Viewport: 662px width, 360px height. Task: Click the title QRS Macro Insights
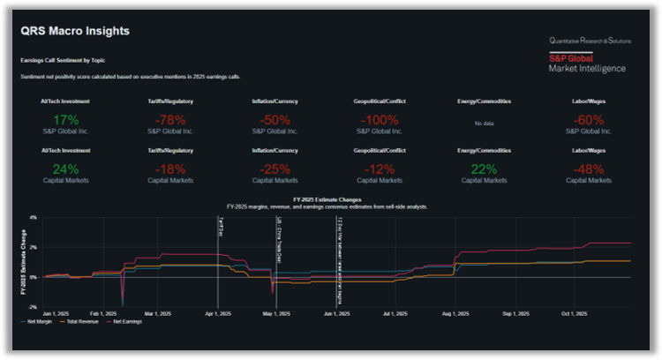pos(75,32)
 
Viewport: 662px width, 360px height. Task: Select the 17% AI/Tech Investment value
pos(65,119)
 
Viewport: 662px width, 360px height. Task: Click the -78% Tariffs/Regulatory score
pos(172,119)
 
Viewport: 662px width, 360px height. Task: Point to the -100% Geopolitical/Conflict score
pos(380,119)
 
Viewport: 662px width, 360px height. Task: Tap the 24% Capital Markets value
pos(65,169)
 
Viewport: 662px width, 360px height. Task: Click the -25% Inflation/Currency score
pos(276,169)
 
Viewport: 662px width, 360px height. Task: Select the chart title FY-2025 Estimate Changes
pos(327,199)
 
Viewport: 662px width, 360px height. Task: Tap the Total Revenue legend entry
pos(82,322)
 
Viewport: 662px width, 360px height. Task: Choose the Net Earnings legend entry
pos(125,322)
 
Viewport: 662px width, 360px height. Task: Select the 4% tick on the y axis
pos(33,217)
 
